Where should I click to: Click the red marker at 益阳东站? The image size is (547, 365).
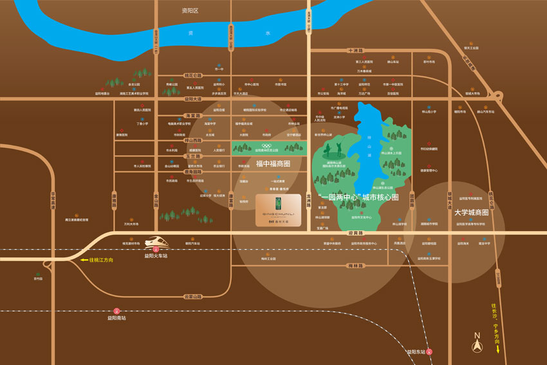coord(430,351)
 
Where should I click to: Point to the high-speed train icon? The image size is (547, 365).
coord(156,243)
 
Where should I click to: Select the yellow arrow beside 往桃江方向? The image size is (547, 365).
coord(84,259)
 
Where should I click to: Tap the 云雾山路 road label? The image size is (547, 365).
coord(192,296)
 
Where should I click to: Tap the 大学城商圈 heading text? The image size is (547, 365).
coord(472,212)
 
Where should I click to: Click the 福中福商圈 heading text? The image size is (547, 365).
coord(273,164)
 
